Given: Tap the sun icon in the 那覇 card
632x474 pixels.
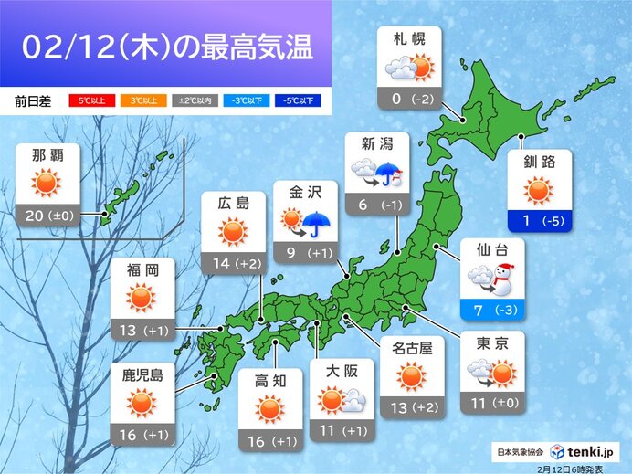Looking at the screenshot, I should coord(46,183).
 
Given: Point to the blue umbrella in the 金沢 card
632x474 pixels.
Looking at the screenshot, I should coord(319,222).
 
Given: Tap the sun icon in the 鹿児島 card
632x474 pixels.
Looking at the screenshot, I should coord(142,402).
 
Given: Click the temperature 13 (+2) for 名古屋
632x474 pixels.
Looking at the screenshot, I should coord(411,406).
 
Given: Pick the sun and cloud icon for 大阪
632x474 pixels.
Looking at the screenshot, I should coord(341,400).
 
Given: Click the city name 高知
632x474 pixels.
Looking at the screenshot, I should coord(269,376).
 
